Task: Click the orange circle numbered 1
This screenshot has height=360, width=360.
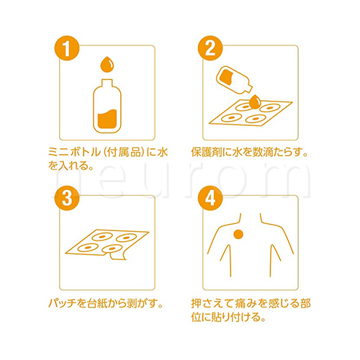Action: tap(67, 48)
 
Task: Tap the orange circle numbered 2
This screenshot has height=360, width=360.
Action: tap(210, 48)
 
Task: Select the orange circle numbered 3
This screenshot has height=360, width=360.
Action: tap(67, 199)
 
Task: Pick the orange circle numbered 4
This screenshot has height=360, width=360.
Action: tap(210, 199)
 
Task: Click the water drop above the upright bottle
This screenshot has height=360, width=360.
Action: tap(107, 64)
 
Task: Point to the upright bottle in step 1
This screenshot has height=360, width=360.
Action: tap(107, 106)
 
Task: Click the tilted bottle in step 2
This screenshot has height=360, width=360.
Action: tap(233, 80)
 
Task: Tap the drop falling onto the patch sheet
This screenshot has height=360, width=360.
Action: tap(255, 102)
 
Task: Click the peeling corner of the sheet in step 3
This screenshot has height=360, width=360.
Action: tap(117, 255)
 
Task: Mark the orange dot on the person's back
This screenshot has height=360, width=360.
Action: tap(238, 234)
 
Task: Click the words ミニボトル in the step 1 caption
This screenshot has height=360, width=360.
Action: tap(74, 152)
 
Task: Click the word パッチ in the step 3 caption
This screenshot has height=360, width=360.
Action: tap(63, 303)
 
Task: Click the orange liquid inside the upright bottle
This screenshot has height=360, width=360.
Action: tap(107, 120)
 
